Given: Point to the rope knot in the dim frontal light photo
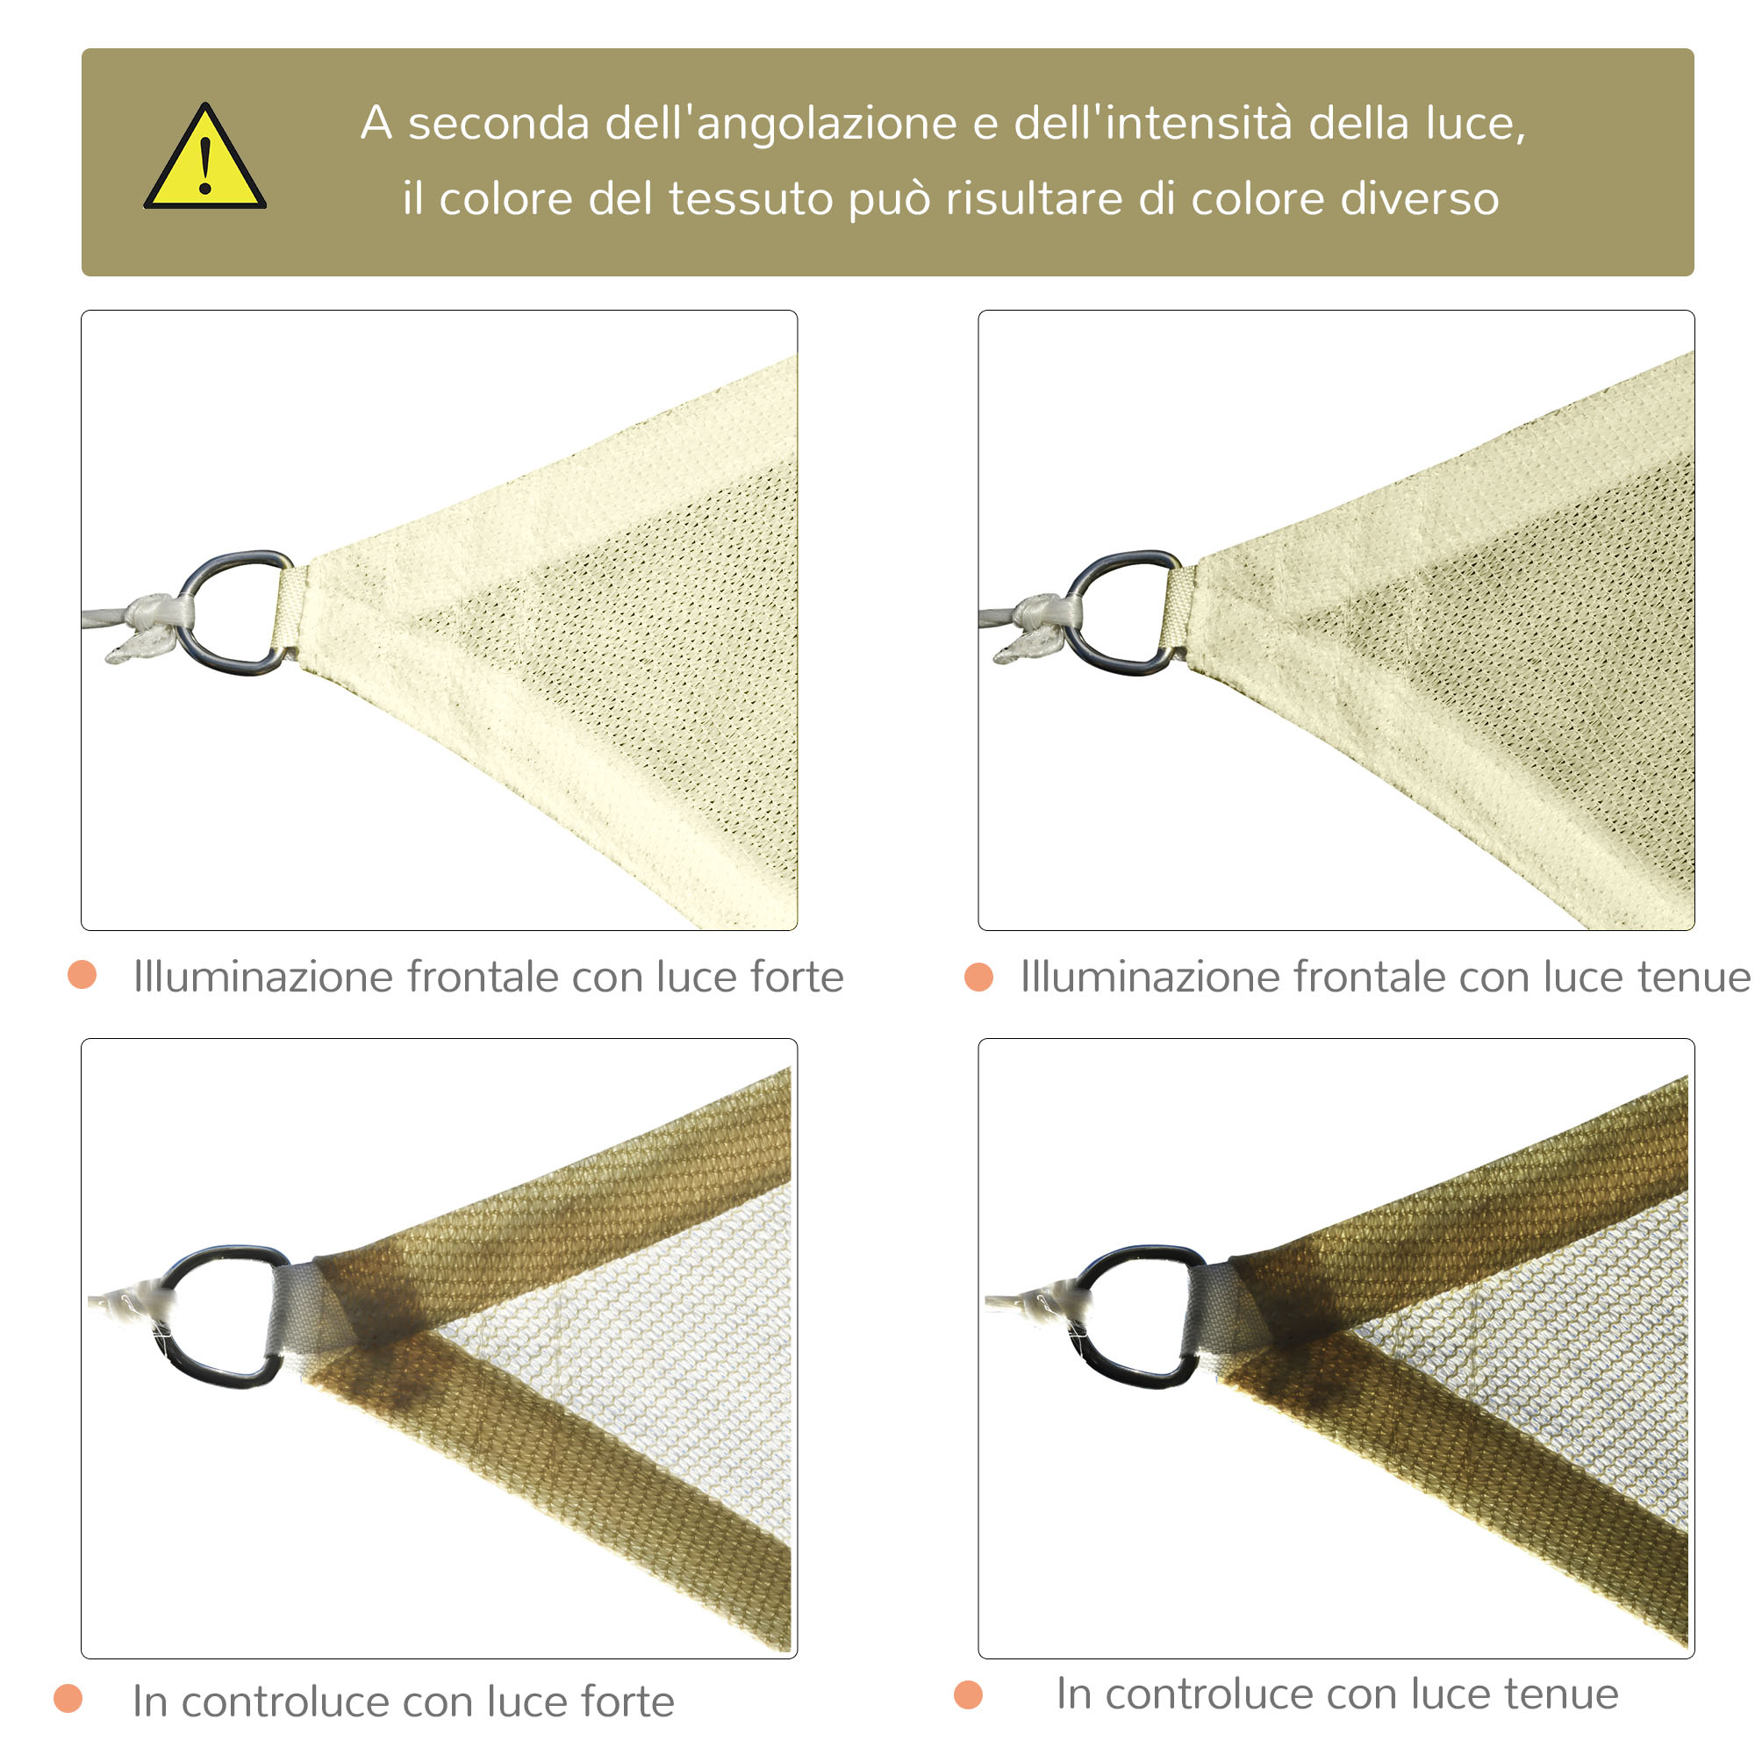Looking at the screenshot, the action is [1038, 626].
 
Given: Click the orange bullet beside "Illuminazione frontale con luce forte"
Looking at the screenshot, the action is [82, 975].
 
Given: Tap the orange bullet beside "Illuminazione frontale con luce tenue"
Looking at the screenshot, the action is [979, 977].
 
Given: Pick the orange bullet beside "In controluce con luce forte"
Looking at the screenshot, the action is [68, 1698].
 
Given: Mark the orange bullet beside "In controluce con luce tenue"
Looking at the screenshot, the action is [969, 1694].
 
